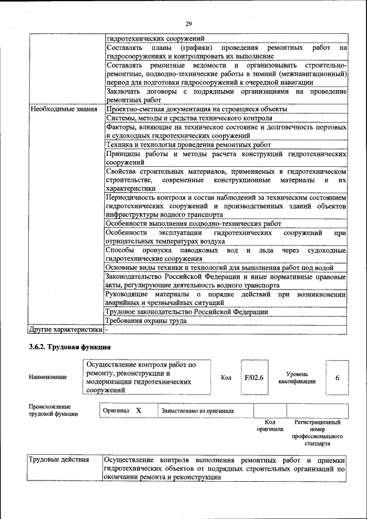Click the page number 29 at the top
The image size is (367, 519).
pos(188,24)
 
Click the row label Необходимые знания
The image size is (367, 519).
pos(64,108)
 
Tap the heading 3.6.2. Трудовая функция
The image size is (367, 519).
pos(69,347)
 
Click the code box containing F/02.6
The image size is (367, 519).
pos(253,377)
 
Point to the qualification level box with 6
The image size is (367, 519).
pos(337,377)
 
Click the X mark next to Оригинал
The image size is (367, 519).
pos(138,411)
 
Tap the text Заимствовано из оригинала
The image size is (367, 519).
pos(197,411)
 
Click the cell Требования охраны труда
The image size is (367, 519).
pos(146,321)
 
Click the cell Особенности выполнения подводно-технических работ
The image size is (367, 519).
pos(193,224)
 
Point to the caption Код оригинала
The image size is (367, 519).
pos(270,426)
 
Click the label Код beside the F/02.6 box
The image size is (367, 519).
pos(226,377)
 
